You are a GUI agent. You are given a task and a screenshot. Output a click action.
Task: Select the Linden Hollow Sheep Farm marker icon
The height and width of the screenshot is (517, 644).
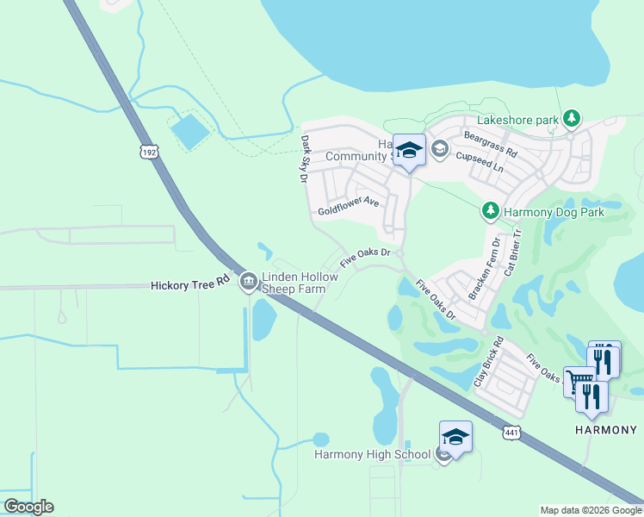coord(249,281)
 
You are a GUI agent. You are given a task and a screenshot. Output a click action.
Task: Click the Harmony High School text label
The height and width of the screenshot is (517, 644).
coord(372,454)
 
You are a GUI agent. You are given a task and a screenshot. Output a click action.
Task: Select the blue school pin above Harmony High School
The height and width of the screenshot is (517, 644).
coord(455,437)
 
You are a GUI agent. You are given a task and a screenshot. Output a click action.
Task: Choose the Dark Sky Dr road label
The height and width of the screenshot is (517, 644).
coord(304,159)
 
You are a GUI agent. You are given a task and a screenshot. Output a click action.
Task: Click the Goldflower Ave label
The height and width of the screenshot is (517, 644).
coord(348,205)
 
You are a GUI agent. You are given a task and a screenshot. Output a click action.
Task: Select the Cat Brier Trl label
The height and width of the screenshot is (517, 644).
coord(511,251)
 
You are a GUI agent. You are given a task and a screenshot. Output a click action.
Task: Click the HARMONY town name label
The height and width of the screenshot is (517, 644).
coord(606,430)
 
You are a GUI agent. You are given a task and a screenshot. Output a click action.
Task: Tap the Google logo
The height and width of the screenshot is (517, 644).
coord(28,507)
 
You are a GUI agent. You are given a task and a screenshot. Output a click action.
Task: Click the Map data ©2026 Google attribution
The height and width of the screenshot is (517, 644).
coord(591,510)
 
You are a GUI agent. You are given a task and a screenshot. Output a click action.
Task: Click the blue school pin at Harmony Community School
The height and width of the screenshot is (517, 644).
coord(409,151)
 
